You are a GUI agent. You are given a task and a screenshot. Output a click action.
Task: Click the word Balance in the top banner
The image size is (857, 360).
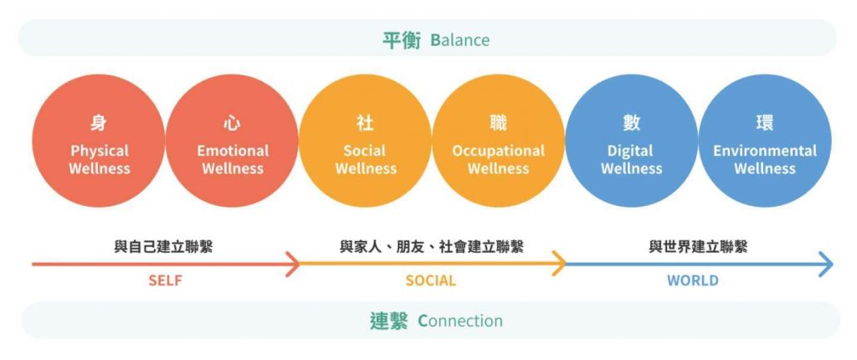[459, 40]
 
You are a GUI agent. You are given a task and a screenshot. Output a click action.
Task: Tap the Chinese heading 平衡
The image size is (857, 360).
[401, 40]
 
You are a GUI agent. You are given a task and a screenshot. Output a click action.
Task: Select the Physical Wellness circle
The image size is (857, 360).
[99, 141]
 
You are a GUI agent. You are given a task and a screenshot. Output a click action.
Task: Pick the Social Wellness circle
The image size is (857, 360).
[365, 141]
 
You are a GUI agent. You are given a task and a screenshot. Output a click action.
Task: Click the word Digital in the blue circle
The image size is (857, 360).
[631, 151]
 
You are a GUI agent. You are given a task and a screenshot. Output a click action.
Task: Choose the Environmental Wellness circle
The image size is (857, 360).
[765, 141]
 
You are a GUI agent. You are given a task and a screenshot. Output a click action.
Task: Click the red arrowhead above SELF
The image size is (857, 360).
[294, 265]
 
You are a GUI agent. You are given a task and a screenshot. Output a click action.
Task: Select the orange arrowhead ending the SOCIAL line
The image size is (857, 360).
[560, 264]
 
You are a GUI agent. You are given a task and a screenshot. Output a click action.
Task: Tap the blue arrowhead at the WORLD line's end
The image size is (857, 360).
[826, 265]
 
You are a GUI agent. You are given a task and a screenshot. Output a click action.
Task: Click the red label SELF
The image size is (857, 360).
[165, 281]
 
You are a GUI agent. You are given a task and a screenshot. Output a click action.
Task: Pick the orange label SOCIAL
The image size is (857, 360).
[431, 281]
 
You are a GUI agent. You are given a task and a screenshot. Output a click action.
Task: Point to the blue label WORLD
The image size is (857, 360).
[692, 281]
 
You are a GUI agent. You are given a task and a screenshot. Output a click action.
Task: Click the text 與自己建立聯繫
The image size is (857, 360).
[163, 247]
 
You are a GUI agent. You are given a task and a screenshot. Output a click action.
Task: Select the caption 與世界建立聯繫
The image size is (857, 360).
[698, 247]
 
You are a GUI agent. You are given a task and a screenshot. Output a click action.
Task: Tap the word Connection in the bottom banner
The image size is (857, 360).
[460, 321]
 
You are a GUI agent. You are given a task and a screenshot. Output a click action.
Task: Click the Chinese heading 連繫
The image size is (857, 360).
[389, 321]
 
